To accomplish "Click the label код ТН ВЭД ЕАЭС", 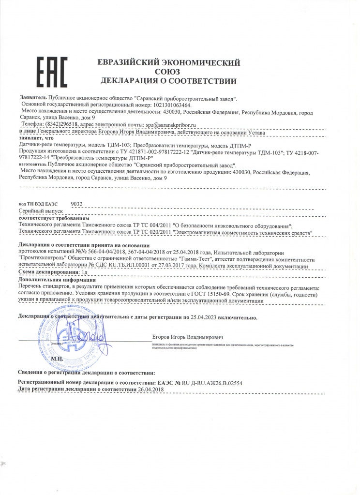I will point(38,205).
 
